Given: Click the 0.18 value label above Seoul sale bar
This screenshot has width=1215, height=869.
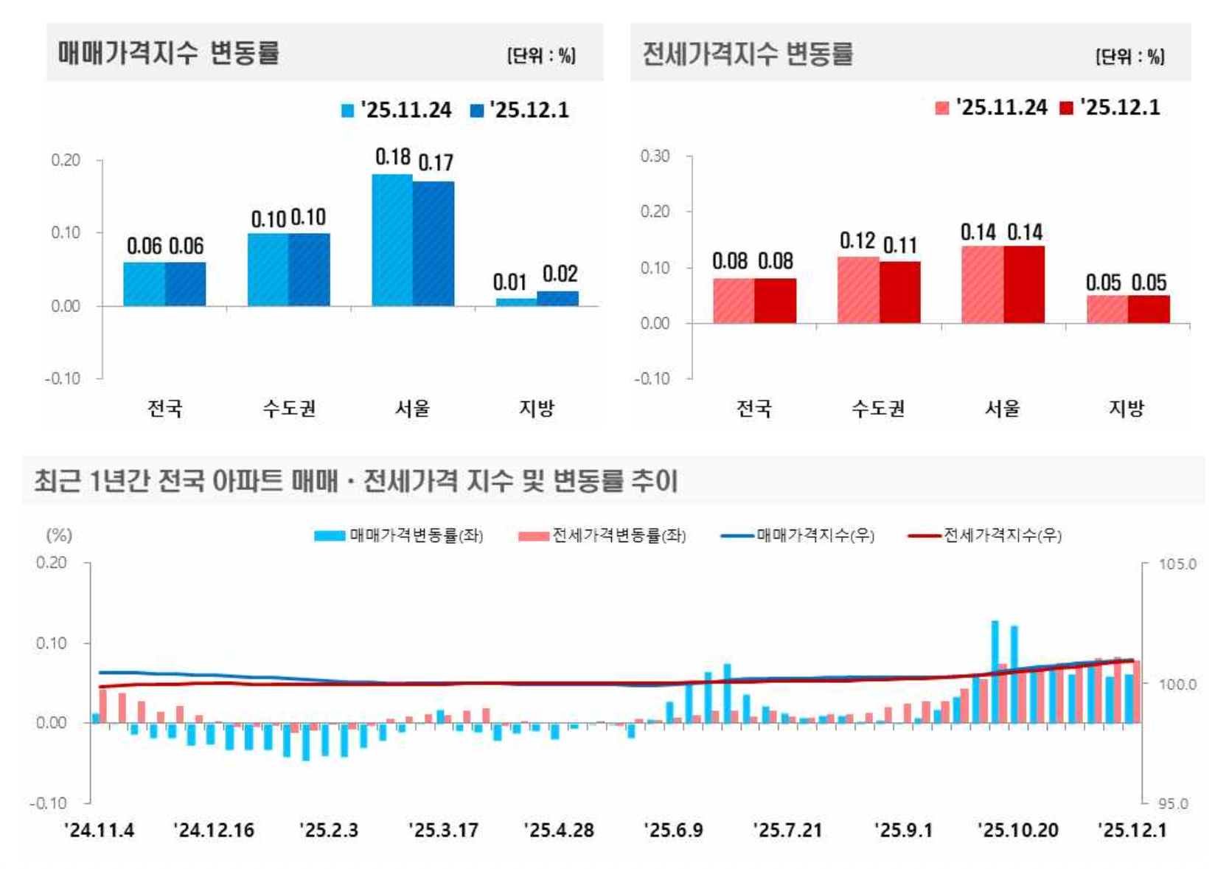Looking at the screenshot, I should [392, 157].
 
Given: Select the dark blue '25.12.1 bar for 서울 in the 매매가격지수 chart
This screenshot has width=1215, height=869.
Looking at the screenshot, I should [434, 243].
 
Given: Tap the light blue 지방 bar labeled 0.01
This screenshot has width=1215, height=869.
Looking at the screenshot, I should [516, 302].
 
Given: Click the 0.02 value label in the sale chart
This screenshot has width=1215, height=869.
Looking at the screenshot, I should [560, 274].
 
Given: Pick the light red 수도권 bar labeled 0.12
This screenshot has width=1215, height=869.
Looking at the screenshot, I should [858, 290].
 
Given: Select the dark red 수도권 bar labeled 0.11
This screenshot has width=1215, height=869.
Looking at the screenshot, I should [899, 292].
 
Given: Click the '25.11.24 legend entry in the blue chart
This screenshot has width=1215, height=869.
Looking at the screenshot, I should [397, 111].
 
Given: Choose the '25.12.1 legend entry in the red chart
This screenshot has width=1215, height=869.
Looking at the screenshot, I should [1110, 108].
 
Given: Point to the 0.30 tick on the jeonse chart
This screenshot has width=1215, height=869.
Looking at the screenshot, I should [655, 156].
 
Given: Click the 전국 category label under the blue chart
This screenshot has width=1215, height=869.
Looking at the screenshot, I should [164, 408].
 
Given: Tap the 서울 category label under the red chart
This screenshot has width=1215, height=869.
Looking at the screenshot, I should [1002, 408].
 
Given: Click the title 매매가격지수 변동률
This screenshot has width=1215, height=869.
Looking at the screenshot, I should [168, 53].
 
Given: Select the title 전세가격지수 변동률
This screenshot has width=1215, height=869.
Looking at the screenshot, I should [747, 54].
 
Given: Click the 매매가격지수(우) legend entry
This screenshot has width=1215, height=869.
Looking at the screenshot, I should [798, 536].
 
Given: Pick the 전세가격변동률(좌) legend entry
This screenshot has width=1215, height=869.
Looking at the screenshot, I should [602, 536].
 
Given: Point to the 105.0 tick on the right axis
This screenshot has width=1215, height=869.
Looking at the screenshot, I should [1177, 564].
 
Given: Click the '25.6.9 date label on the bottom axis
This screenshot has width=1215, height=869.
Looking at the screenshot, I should [673, 830].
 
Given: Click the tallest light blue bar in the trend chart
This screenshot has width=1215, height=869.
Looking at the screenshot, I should [995, 671].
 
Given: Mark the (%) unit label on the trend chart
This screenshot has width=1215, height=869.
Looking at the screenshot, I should [59, 535].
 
